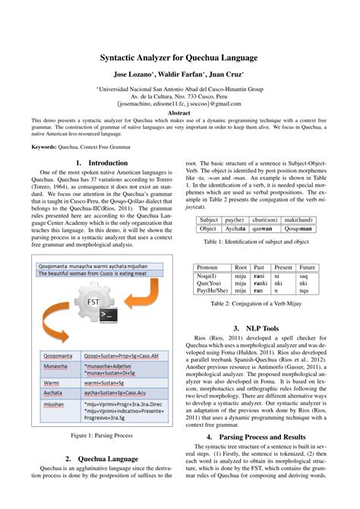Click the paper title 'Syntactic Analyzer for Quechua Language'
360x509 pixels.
click(179, 58)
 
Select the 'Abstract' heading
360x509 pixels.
click(179, 112)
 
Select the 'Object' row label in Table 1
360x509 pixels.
click(208, 227)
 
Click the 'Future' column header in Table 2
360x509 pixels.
click(307, 267)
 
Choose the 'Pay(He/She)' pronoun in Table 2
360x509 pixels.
click(212, 290)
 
